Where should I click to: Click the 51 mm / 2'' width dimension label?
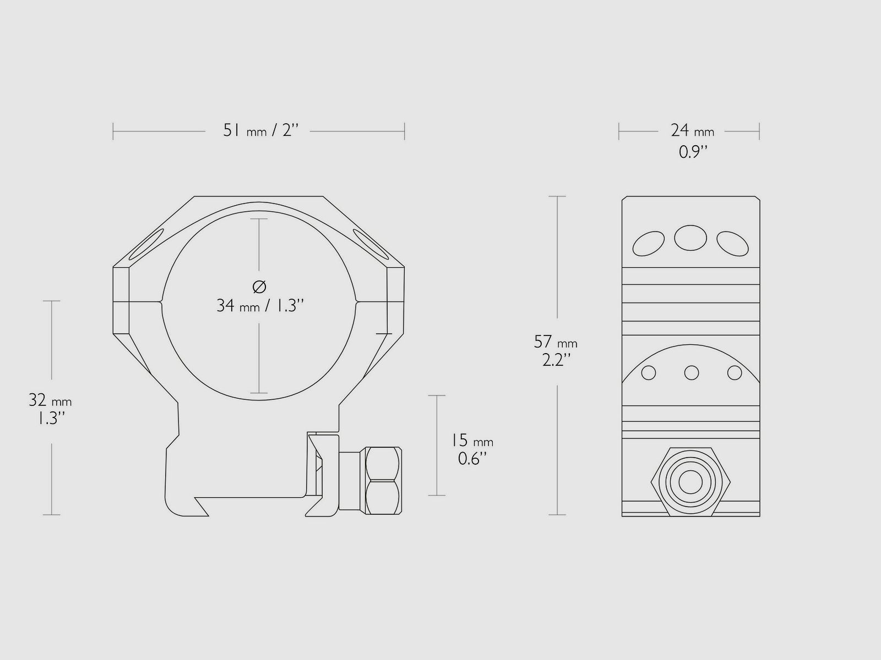tap(261, 131)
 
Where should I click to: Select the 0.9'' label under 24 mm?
tap(693, 152)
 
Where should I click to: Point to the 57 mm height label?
tap(556, 342)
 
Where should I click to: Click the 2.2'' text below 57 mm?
tap(556, 360)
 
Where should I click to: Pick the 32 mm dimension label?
tap(50, 400)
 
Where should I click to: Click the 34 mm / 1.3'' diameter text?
tap(260, 306)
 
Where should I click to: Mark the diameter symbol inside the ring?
tap(259, 287)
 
